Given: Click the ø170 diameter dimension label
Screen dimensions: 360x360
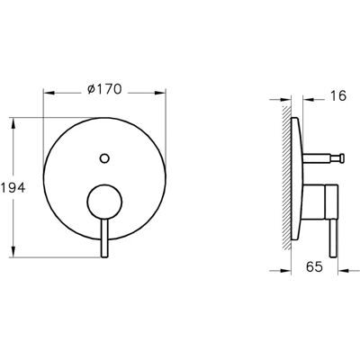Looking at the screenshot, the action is [x=104, y=89].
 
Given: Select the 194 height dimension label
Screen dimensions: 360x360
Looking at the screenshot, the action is [x=13, y=188].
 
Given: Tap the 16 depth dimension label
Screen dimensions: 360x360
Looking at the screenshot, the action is [x=338, y=96].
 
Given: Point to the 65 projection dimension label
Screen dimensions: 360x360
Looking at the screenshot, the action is [x=314, y=266].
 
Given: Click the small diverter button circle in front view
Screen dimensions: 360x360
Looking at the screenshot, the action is [x=104, y=158].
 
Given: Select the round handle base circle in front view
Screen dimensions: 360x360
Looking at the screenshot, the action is [x=104, y=202].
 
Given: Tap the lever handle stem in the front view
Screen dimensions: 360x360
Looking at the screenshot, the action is [x=104, y=238].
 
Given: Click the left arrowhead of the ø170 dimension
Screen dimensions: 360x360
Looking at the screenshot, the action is [x=49, y=93].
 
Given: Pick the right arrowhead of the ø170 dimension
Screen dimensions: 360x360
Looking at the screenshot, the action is [x=160, y=93].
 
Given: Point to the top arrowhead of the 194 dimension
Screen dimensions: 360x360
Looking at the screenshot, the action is [x=13, y=123].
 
